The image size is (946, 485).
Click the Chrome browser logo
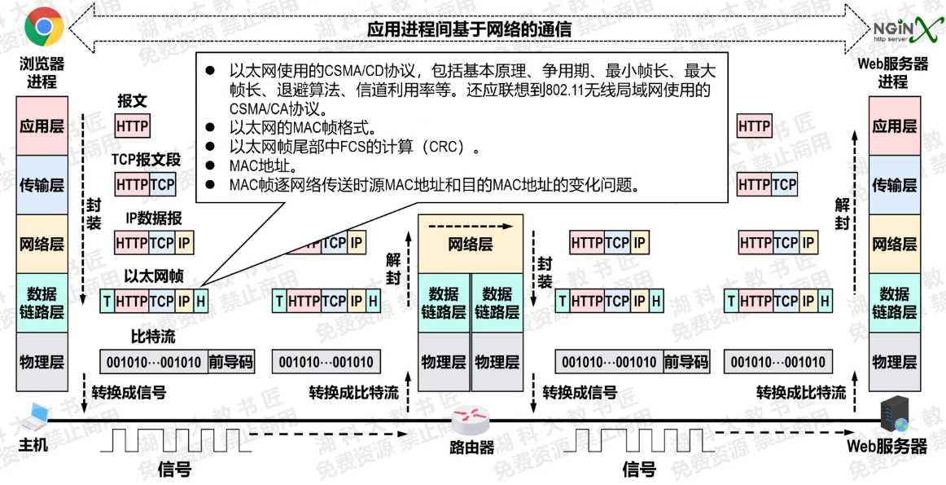(44, 28)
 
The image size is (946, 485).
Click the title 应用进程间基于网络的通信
(469, 29)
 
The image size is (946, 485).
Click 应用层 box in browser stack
(41, 126)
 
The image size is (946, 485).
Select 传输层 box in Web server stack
(894, 185)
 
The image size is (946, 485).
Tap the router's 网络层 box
(471, 243)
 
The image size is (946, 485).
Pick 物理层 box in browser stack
(41, 362)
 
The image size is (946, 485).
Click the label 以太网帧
(154, 277)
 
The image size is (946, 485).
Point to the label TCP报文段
(147, 160)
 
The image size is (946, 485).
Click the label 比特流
(153, 336)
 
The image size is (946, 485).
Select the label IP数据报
(153, 218)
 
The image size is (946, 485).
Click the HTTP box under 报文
(132, 126)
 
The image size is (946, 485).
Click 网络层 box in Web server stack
(894, 244)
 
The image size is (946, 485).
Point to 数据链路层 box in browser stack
(41, 302)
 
